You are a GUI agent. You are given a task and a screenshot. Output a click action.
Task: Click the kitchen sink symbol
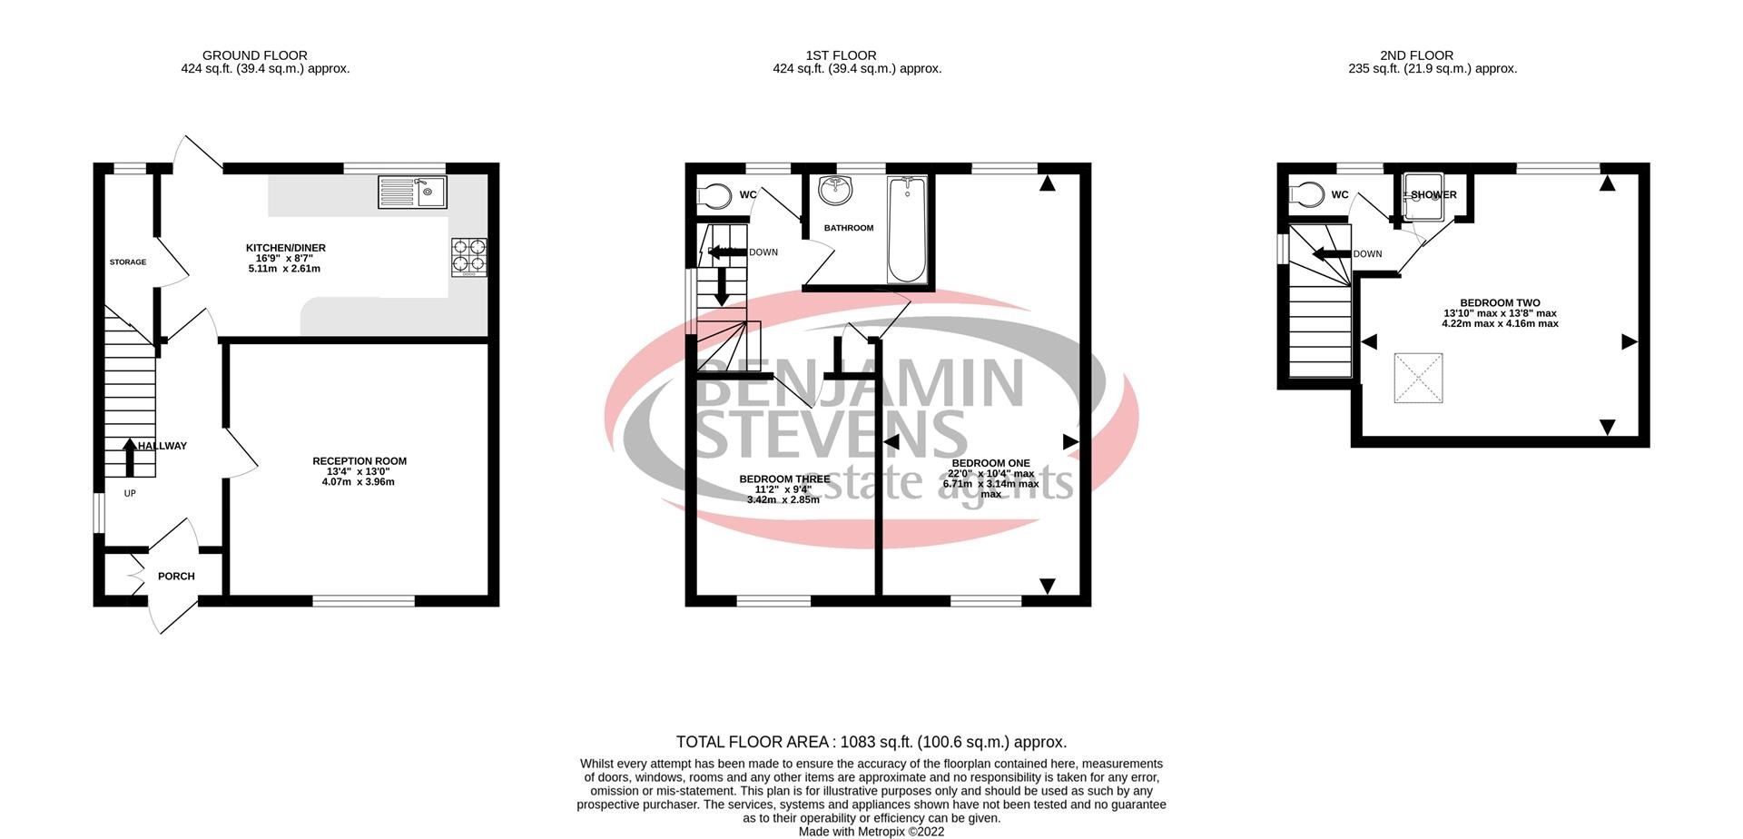pyautogui.click(x=412, y=192)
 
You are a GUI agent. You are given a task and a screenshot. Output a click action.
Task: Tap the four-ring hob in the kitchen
pyautogui.click(x=468, y=255)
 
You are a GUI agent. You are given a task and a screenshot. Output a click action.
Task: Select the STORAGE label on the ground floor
pyautogui.click(x=128, y=262)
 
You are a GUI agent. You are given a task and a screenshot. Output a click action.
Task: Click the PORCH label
pyautogui.click(x=176, y=577)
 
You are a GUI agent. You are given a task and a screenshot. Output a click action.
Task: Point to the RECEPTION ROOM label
pyautogui.click(x=359, y=461)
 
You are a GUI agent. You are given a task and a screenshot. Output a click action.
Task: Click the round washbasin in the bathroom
pyautogui.click(x=832, y=190)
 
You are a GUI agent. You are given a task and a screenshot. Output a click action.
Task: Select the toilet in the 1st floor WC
pyautogui.click(x=714, y=195)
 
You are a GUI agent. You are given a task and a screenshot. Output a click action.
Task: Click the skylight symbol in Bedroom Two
pyautogui.click(x=1418, y=378)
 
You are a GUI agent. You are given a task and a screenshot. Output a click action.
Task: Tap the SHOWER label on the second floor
pyautogui.click(x=1433, y=195)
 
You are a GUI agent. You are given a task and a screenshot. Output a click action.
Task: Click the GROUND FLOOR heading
pyautogui.click(x=254, y=55)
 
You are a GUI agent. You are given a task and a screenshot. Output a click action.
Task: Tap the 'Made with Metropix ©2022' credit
pyautogui.click(x=871, y=831)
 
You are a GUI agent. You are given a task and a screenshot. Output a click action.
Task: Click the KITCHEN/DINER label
pyautogui.click(x=285, y=248)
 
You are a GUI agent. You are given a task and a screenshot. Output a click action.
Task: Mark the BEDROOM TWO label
pyautogui.click(x=1500, y=303)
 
